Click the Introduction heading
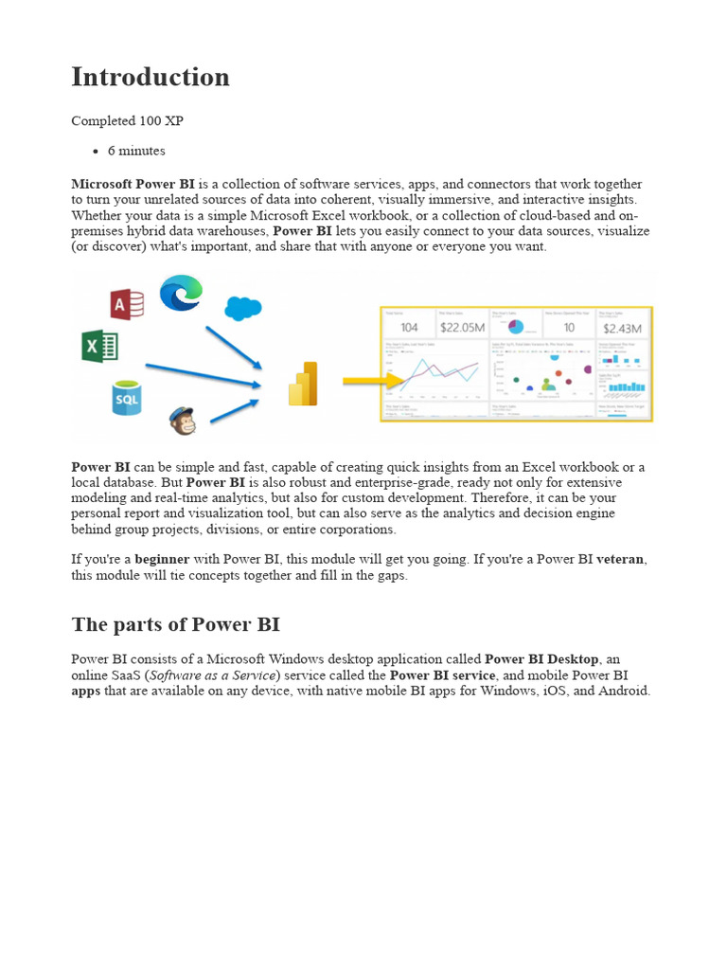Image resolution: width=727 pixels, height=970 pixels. tap(151, 78)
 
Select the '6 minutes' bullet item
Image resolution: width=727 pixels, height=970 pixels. tap(136, 151)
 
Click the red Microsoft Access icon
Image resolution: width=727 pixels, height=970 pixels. tap(127, 304)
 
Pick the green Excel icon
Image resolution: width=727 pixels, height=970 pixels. tap(99, 346)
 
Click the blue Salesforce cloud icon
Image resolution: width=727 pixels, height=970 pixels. tap(243, 308)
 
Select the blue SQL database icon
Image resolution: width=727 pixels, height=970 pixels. tap(126, 399)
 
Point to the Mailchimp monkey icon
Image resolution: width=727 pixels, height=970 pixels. tap(183, 420)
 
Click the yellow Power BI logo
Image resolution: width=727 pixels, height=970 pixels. tap(303, 384)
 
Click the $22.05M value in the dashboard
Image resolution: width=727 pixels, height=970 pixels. tap(462, 328)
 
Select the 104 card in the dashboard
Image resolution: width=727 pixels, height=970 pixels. tap(409, 328)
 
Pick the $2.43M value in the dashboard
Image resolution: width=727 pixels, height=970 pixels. tap(624, 328)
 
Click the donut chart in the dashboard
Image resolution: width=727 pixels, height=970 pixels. tap(516, 327)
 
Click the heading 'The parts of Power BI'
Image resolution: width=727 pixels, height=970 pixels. tap(175, 625)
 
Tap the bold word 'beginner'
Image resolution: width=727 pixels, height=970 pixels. tap(162, 560)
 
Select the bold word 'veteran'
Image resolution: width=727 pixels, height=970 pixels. tap(620, 560)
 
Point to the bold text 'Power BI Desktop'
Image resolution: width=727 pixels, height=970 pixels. tap(541, 659)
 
